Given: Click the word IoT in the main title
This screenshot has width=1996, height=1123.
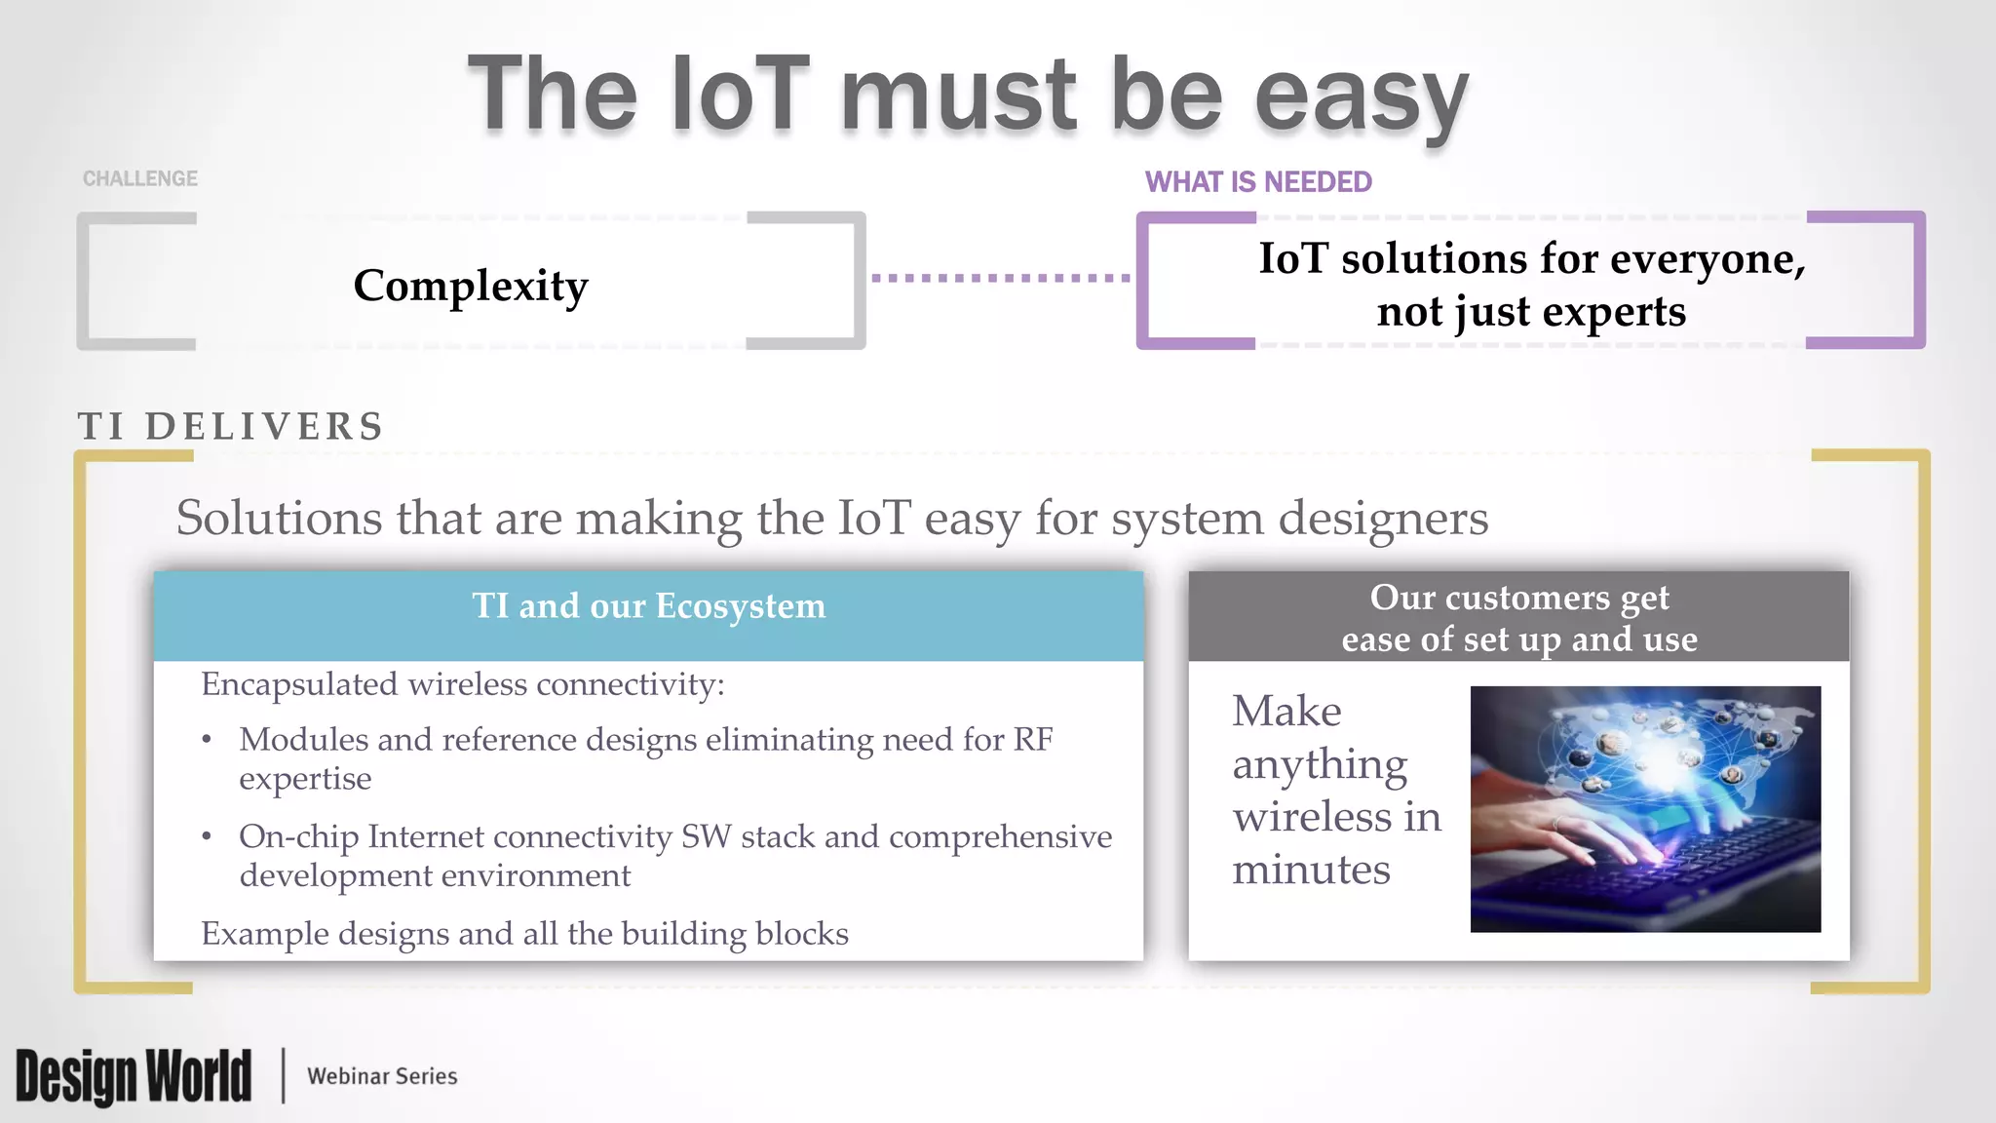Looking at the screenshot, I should (x=741, y=95).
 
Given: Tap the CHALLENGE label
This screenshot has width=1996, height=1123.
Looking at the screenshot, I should (x=140, y=178).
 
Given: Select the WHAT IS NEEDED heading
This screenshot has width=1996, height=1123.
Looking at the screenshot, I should (x=1258, y=182).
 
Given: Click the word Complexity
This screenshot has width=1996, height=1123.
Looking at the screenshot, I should (x=471, y=286).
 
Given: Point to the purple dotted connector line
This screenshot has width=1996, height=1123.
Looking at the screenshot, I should (x=1000, y=278).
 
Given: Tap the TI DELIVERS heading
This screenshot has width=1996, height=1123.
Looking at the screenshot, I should (x=231, y=427).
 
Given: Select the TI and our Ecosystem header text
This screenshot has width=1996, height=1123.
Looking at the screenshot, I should (x=648, y=606).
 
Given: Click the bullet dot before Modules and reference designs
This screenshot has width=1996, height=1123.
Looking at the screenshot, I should (x=207, y=741).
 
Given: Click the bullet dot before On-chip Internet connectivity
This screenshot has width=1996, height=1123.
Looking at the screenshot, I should (x=207, y=837).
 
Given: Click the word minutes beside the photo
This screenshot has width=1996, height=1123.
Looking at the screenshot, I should (x=1311, y=870).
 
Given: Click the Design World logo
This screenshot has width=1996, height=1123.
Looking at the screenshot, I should (x=134, y=1076).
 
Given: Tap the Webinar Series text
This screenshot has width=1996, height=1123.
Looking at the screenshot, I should (x=382, y=1076).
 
